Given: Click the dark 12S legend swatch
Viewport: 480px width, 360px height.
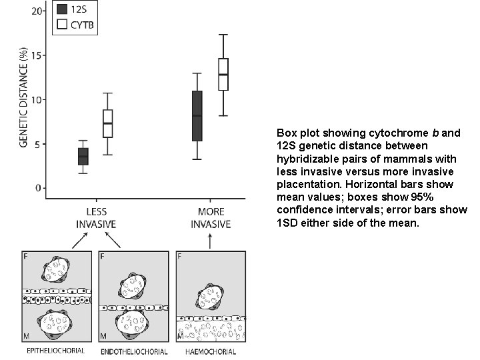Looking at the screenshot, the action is pos(62,9).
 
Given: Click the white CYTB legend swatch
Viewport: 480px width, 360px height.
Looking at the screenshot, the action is pos(62,25).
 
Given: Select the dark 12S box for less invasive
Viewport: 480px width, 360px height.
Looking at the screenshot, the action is pos(83,156).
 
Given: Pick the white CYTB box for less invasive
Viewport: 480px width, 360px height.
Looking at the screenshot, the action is pos(107,123).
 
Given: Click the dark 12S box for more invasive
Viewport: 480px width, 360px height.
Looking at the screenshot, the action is pos(197,115).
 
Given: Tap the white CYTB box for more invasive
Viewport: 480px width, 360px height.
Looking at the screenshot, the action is pos(223,74).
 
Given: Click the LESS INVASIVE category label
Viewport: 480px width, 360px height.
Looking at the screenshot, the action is pos(96,218).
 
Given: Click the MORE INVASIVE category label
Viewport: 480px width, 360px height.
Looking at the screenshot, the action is pos(211,218).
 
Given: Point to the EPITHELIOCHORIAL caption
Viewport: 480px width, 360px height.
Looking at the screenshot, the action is pos(55,351).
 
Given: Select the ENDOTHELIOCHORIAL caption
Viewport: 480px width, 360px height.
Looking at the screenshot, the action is pos(133,351).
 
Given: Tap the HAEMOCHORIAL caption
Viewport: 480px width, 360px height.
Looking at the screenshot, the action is pos(211,351).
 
